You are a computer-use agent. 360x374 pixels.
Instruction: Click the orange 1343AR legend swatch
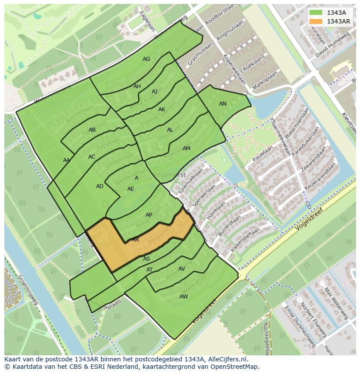(317, 21)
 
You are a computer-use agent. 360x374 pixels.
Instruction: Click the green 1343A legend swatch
(317, 13)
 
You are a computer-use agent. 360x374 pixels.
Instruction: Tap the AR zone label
(136, 239)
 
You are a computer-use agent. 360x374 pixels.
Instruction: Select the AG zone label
(146, 59)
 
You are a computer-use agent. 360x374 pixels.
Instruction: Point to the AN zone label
(223, 104)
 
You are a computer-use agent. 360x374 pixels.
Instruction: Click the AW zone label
(183, 296)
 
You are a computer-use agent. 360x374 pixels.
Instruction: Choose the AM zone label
(187, 149)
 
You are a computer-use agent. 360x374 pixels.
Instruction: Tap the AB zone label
(92, 130)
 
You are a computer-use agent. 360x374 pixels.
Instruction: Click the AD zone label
(100, 186)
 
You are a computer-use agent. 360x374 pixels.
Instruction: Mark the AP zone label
(149, 215)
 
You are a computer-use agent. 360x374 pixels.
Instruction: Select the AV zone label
(182, 269)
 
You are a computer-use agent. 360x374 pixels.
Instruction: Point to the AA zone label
(66, 160)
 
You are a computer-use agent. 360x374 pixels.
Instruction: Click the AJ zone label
(154, 92)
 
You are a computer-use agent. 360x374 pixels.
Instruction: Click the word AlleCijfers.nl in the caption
(224, 359)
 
